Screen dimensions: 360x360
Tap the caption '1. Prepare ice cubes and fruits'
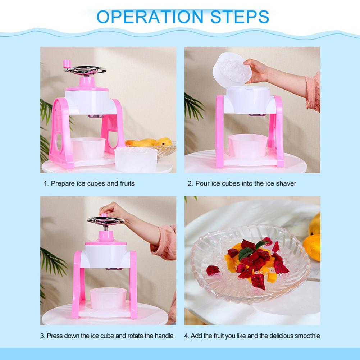89,183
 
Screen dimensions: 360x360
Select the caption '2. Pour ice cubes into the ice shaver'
242,183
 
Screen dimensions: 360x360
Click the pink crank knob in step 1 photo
67,64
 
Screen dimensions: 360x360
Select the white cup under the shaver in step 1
88,148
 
